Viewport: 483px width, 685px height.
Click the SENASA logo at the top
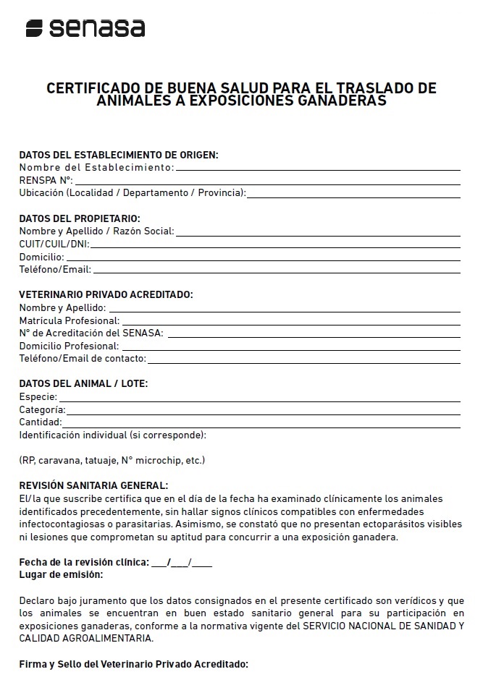pos(85,28)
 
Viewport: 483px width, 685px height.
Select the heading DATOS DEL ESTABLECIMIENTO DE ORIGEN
pos(119,155)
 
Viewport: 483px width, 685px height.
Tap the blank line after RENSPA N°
pos(267,180)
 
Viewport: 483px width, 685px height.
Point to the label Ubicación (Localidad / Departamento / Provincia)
pos(133,192)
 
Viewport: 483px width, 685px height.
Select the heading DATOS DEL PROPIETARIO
pos(80,218)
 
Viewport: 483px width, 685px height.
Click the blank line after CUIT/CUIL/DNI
pos(275,244)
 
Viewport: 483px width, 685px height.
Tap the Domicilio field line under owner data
pos(263,258)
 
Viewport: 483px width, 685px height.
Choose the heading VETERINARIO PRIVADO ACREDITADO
pos(106,294)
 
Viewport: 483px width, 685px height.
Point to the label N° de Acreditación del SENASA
pos(91,333)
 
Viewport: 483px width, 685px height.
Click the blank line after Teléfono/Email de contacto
pos(304,359)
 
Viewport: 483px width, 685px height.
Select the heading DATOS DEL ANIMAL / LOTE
pos(83,383)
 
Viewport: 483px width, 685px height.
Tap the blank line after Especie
pos(259,399)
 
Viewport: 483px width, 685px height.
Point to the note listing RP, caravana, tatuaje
pos(112,460)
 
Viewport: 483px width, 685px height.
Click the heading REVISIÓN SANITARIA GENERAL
pos(93,485)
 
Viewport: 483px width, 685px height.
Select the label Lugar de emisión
pos(61,574)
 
